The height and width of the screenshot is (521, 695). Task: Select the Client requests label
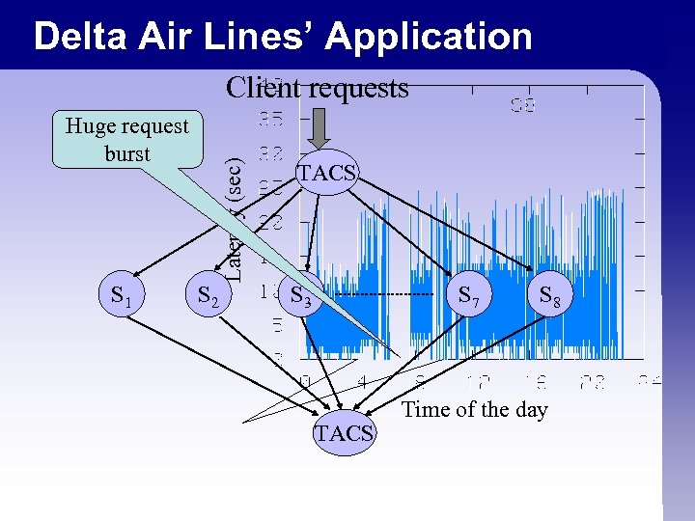(x=317, y=88)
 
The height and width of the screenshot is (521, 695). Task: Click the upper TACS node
(x=327, y=174)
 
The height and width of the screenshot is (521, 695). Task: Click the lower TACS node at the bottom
(x=343, y=433)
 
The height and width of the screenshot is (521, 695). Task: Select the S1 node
(x=122, y=296)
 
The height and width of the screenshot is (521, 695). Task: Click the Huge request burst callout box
(x=127, y=140)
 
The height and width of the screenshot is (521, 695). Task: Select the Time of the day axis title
(x=474, y=409)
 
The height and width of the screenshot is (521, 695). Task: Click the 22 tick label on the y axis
(x=271, y=222)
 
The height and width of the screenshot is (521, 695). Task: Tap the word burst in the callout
(x=127, y=153)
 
